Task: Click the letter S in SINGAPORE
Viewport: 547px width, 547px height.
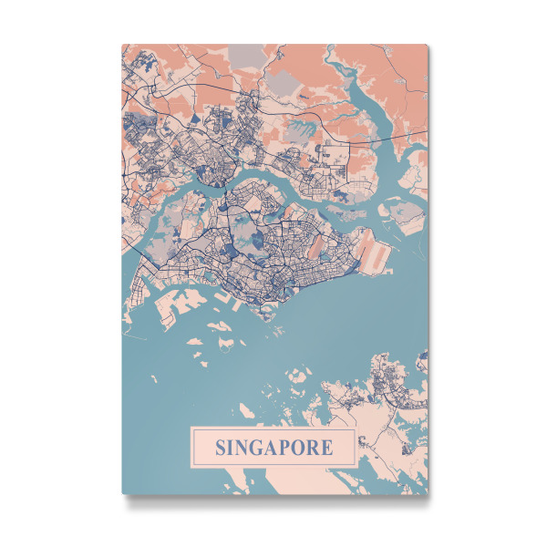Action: point(221,449)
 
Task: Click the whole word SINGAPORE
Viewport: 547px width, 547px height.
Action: point(273,449)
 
